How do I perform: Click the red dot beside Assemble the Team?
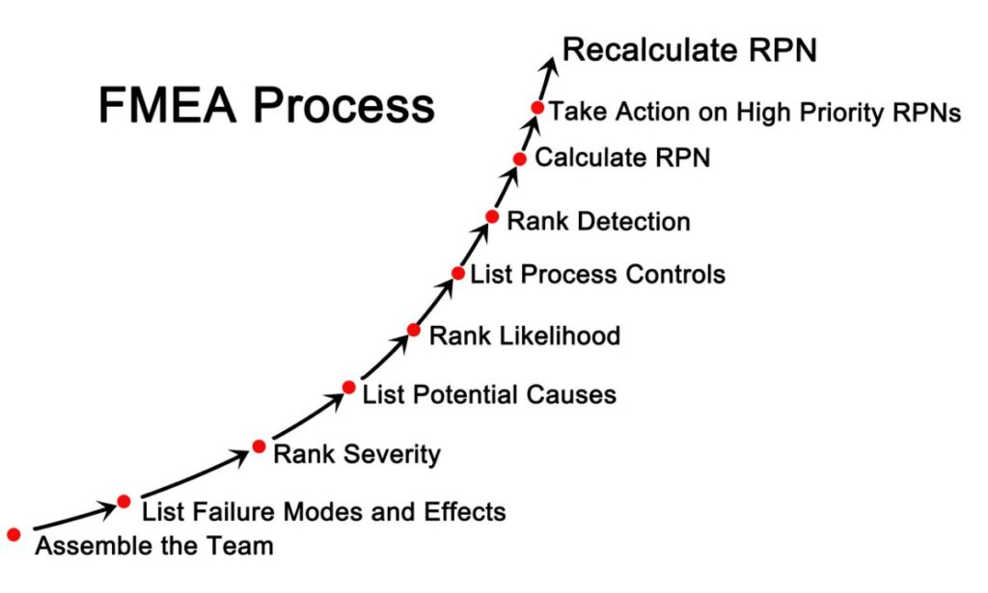(x=14, y=533)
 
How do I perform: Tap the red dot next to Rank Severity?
(x=259, y=446)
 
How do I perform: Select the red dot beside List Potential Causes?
(x=349, y=388)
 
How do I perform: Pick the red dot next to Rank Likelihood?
(x=414, y=330)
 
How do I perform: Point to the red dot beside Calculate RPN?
(x=520, y=158)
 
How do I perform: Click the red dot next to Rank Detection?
(x=492, y=217)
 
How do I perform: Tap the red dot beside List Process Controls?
(x=458, y=273)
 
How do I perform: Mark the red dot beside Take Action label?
(x=537, y=107)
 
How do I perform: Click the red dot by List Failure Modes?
(x=123, y=500)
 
